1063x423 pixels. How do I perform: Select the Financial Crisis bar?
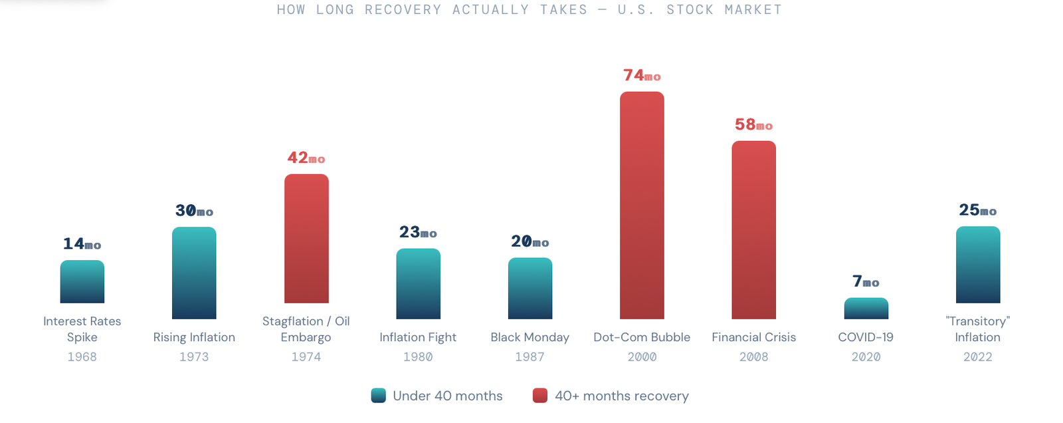[x=753, y=229]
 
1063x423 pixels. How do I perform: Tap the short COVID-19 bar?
[x=866, y=309]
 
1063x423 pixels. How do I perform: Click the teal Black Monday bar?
[x=530, y=288]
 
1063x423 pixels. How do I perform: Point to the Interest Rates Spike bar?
[x=82, y=281]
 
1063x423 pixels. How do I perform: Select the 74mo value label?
[x=642, y=76]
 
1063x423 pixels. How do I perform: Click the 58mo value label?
[x=753, y=125]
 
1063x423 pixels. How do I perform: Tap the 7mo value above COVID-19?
[x=866, y=282]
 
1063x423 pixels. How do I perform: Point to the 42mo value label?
[x=306, y=158]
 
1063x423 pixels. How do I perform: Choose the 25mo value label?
[x=977, y=211]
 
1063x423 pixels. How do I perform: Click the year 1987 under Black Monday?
[x=530, y=357]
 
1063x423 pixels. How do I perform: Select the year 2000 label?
[x=642, y=357]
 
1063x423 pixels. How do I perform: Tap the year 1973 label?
[x=194, y=357]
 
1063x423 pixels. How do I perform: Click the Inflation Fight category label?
[x=418, y=337]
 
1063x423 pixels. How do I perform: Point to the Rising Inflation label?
[x=194, y=337]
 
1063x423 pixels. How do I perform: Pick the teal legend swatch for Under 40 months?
[x=379, y=396]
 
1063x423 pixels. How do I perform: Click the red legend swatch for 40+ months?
[x=540, y=396]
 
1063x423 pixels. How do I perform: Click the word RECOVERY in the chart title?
[x=403, y=10]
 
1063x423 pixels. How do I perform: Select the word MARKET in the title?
[x=753, y=10]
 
